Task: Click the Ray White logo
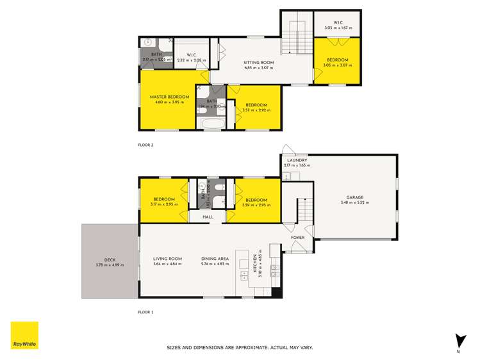24,335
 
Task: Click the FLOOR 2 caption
145,145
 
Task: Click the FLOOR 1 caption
145,312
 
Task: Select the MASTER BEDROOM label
169,97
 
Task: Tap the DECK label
110,259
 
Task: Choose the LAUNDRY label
297,160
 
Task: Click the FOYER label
297,238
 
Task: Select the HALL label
208,217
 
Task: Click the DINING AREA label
214,259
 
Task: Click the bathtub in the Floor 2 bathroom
211,123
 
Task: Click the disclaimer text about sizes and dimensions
240,348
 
